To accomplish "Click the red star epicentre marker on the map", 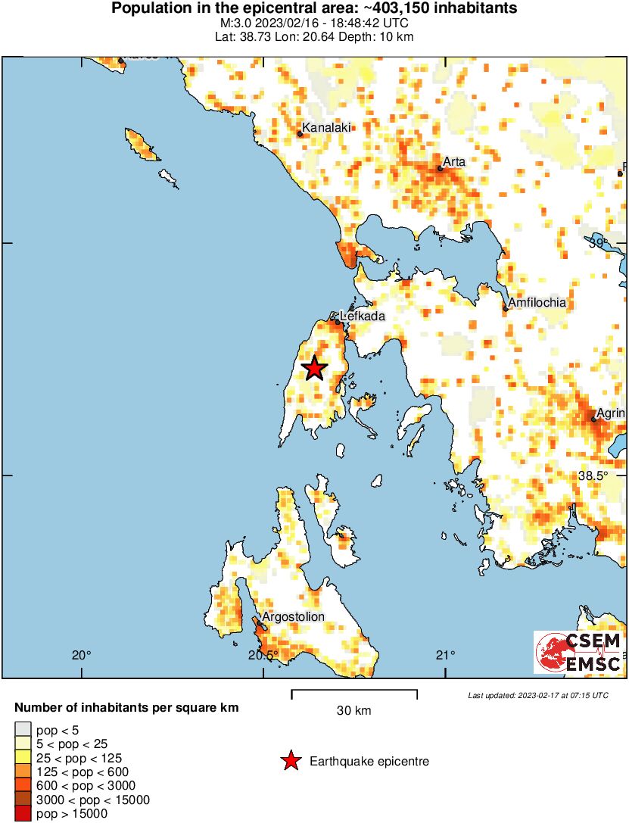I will [x=314, y=368].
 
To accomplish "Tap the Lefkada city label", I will [x=363, y=316].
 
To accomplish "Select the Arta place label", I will [x=454, y=161].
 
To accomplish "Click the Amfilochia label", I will [x=537, y=302].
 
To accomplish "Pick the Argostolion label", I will [x=293, y=616].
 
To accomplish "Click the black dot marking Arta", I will [x=440, y=168].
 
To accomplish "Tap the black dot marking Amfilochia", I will [x=506, y=308].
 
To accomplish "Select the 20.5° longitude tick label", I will [x=264, y=655].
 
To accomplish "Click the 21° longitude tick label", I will [x=446, y=655].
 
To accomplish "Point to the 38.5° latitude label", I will [x=593, y=475].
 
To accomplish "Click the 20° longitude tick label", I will [x=82, y=655].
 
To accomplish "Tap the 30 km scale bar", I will [x=354, y=691].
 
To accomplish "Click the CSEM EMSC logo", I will [x=579, y=652].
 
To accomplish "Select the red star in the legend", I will [x=290, y=761].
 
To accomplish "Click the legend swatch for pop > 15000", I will [x=23, y=814].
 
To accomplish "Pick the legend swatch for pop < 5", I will [x=23, y=730].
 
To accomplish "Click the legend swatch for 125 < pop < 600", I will [x=23, y=772].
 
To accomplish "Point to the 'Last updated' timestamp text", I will [x=537, y=695].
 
